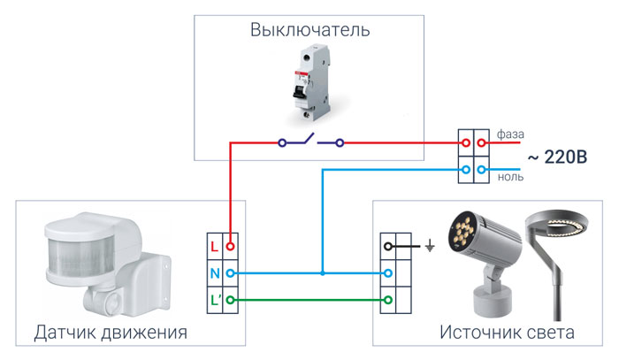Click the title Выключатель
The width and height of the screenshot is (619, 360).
309,31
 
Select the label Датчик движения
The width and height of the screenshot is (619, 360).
111,333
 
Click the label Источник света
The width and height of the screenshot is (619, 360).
507,333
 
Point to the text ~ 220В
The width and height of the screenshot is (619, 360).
558,159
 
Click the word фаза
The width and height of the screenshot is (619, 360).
511,134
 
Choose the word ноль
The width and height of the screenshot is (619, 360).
510,176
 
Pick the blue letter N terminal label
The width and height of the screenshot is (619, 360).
214,273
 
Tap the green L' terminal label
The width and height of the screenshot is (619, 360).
215,301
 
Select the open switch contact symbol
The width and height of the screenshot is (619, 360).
309,141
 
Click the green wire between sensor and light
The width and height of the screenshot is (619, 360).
309,301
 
